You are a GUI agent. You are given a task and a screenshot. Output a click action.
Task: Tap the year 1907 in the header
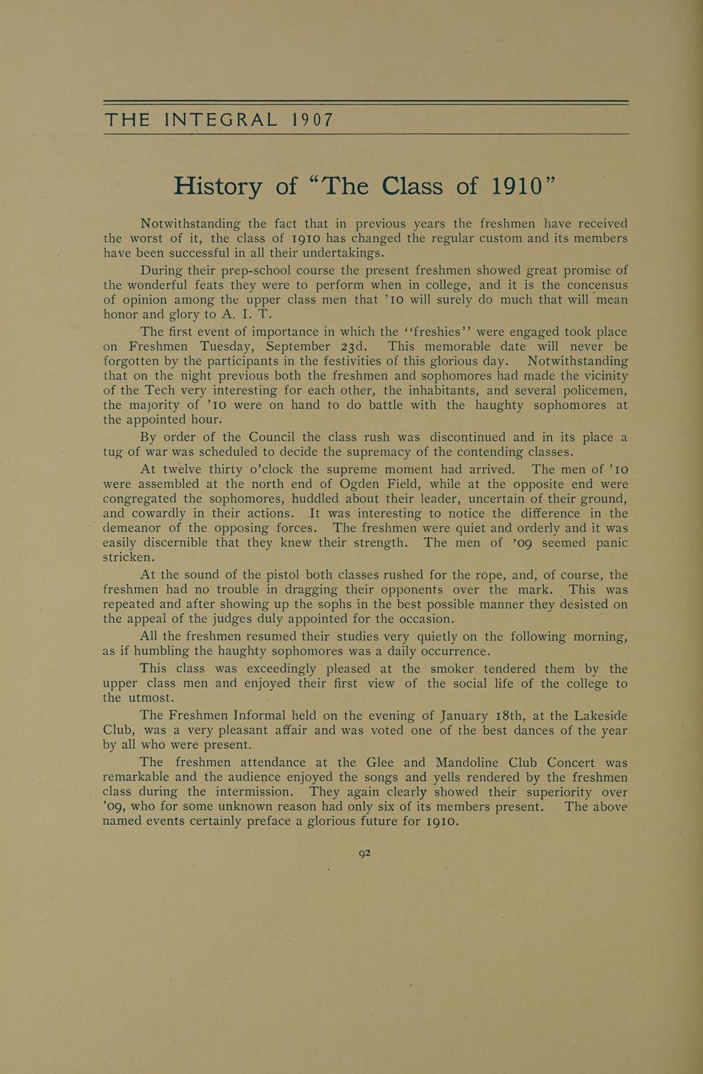[312, 120]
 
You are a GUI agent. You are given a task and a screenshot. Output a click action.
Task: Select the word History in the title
[218, 186]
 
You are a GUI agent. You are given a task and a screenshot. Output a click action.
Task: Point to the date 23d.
[354, 347]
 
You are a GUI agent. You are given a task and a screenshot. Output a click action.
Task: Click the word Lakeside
[593, 716]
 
